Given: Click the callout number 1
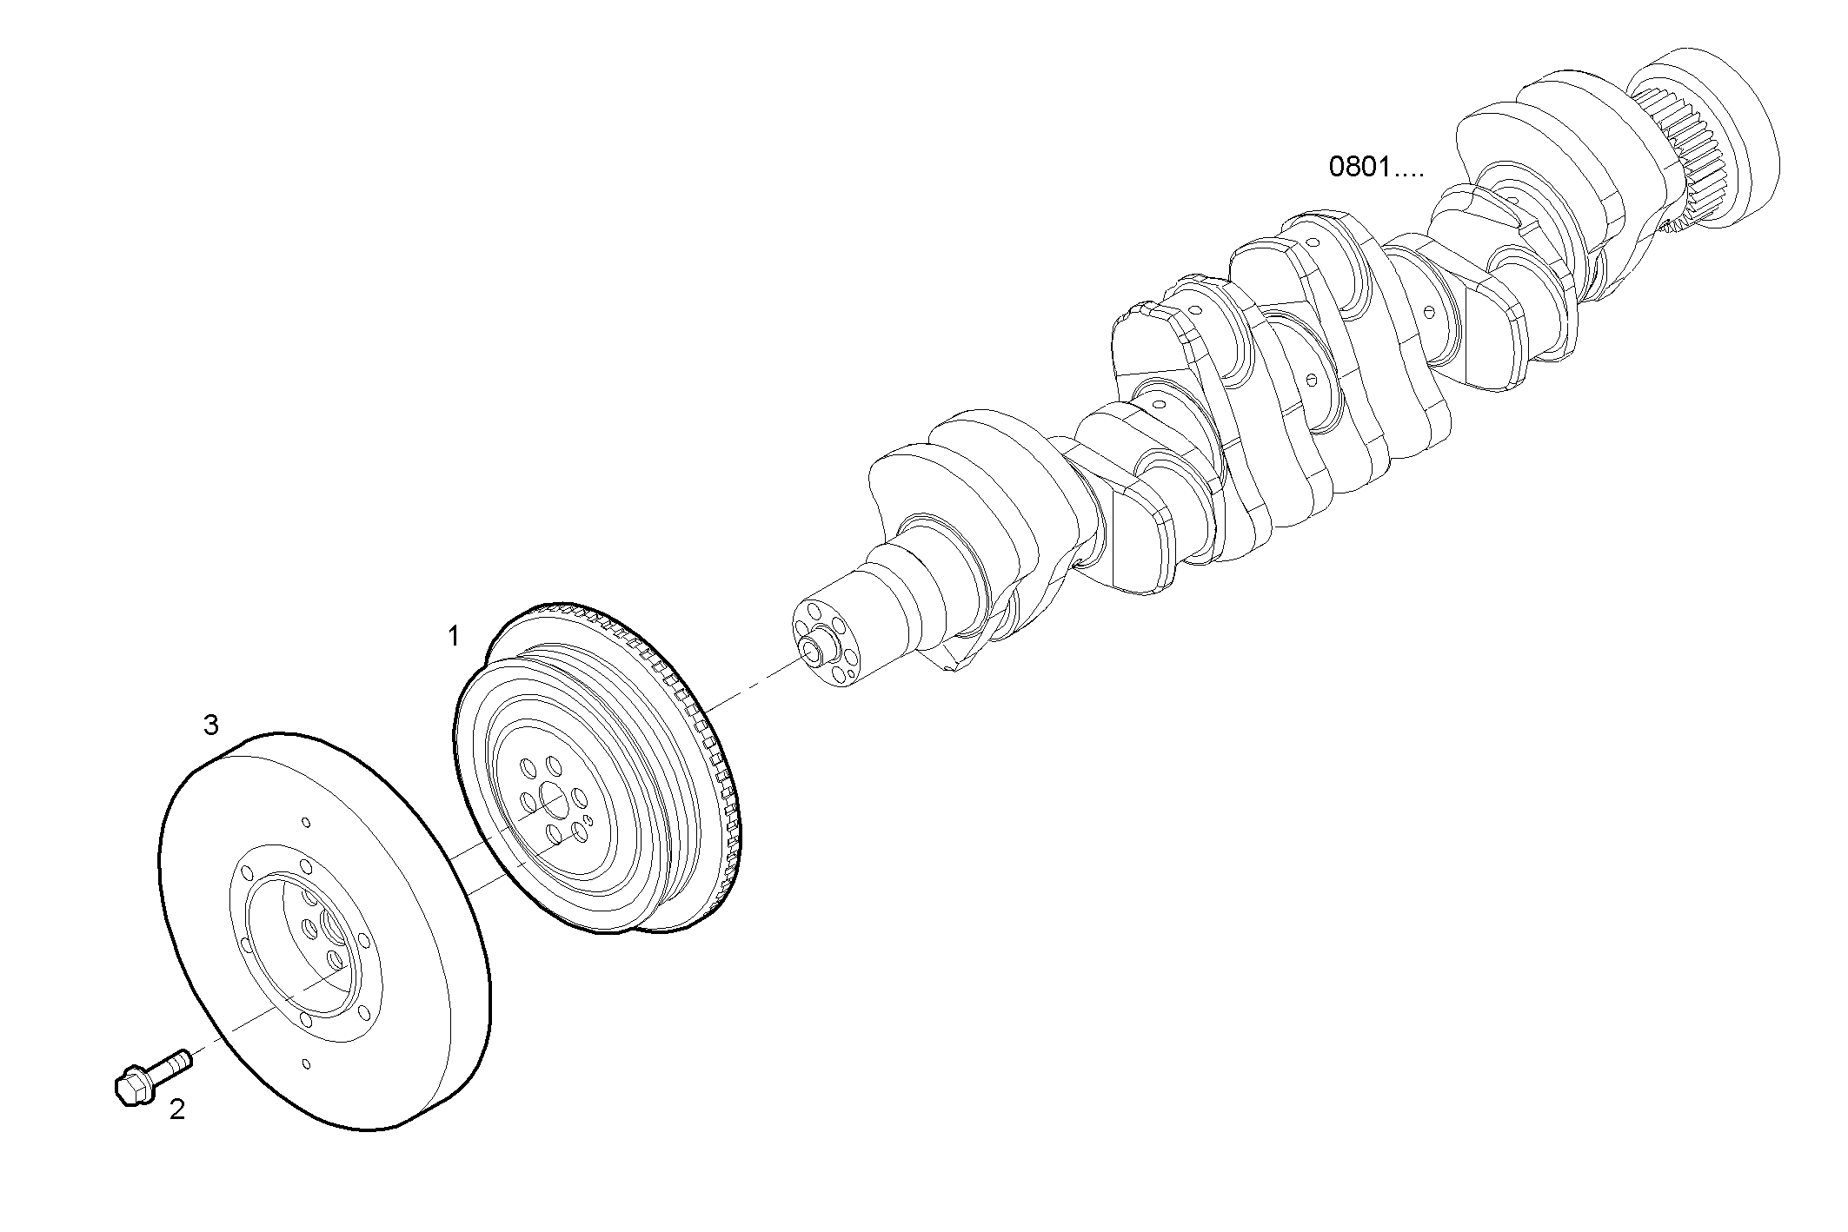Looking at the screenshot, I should click(453, 637).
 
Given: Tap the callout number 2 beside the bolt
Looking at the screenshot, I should click(177, 1109).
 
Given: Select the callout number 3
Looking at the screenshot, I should click(210, 725).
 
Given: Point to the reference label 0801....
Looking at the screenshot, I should click(1376, 168).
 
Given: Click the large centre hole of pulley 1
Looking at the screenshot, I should click(550, 796).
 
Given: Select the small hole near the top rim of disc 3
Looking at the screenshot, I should click(304, 822).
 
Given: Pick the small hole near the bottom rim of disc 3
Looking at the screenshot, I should click(305, 1063).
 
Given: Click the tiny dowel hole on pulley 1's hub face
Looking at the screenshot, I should click(588, 818).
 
